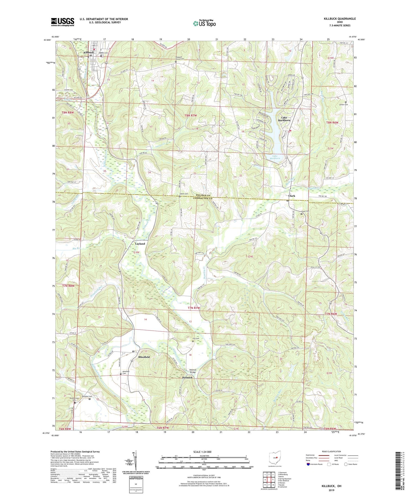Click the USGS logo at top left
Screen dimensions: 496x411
62,22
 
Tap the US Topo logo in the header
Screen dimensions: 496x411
204,23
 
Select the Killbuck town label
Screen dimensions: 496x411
88,53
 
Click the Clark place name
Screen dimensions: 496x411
292,196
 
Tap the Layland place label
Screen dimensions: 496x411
140,244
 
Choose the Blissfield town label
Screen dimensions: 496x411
144,357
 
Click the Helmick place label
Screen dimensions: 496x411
187,378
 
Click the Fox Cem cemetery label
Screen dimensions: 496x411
196,339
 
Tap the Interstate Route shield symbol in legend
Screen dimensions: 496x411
309,464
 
